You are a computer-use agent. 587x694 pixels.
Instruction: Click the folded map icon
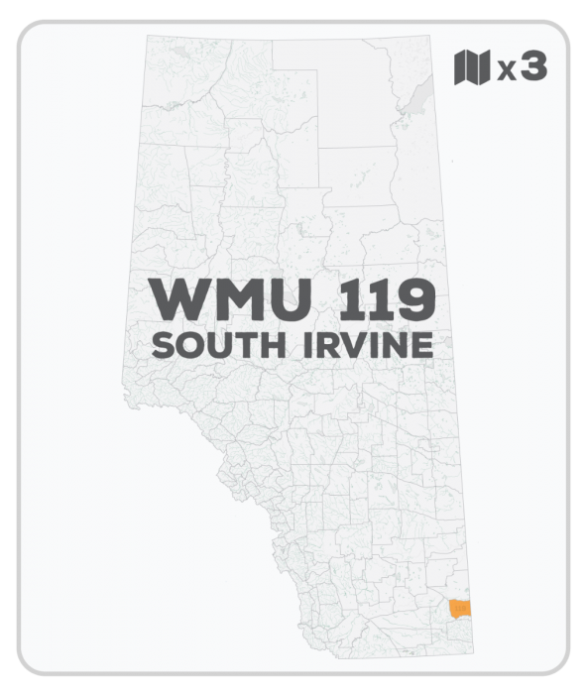point(472,68)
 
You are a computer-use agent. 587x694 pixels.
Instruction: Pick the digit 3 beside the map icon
point(533,68)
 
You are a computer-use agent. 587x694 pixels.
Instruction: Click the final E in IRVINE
point(421,347)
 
